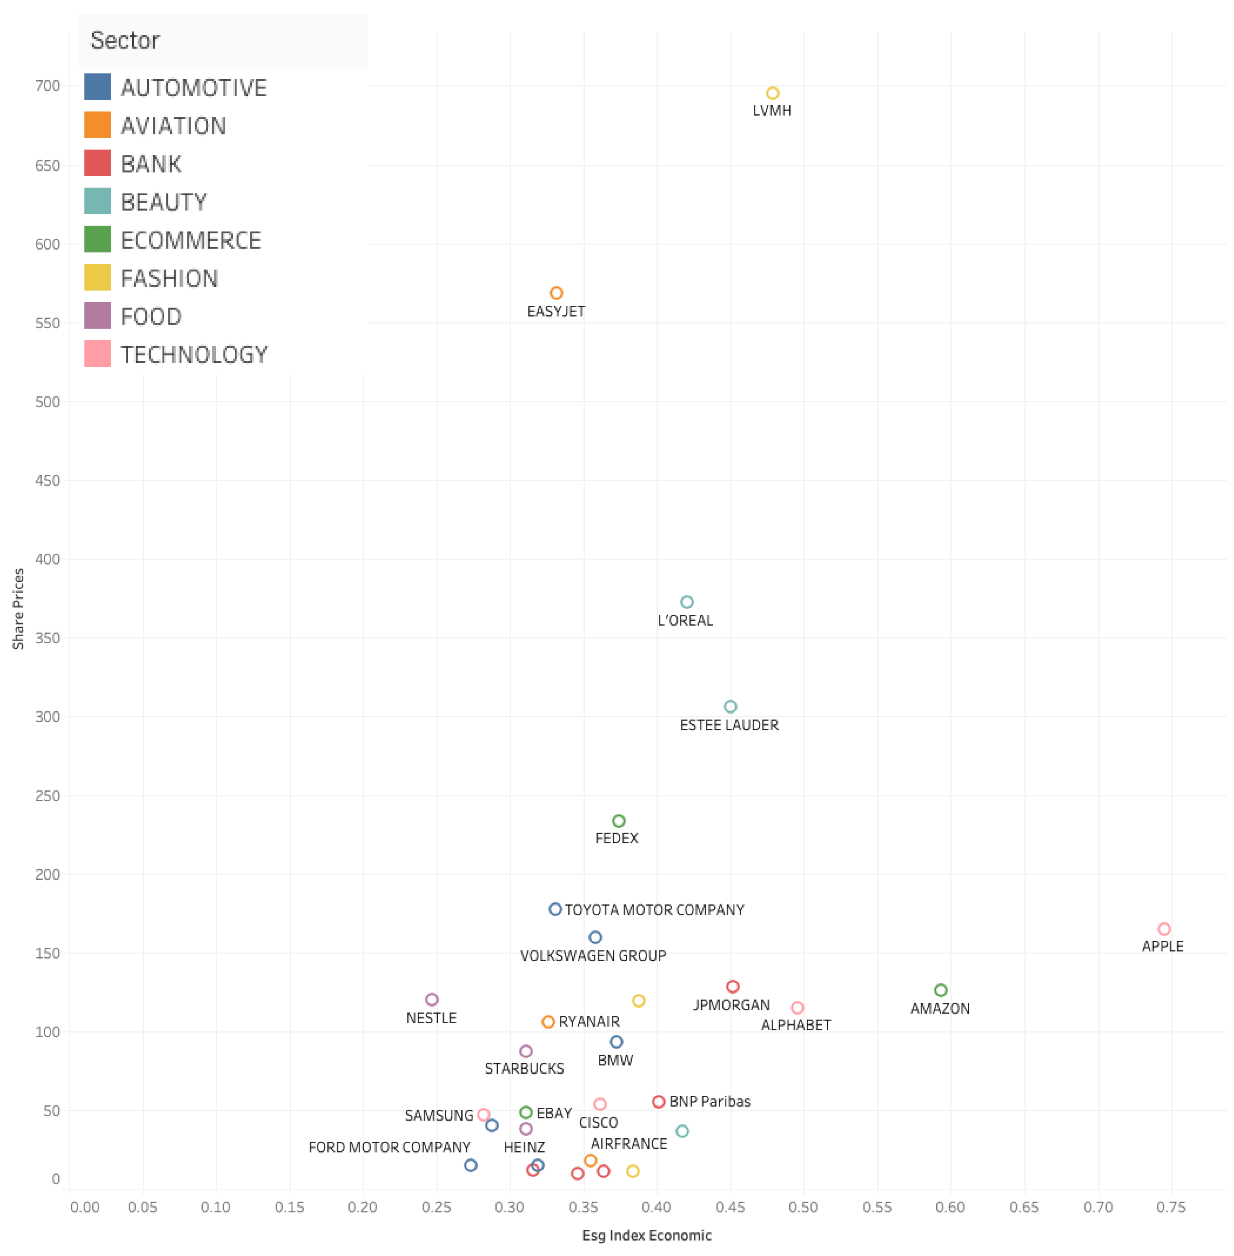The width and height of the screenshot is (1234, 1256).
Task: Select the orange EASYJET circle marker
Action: coord(556,293)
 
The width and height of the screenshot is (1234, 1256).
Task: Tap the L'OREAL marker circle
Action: coord(686,602)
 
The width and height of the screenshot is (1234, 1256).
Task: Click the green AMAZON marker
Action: coord(940,990)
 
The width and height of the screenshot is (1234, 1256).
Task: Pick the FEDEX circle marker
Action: coord(618,821)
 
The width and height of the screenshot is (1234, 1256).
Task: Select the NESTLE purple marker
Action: coord(432,999)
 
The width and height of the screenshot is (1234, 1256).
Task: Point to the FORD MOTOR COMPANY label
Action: coord(389,1147)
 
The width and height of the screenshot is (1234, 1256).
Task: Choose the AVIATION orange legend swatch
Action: coord(97,125)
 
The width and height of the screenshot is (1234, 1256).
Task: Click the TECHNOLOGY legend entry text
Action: coord(194,354)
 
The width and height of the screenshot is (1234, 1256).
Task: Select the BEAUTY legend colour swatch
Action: coord(97,201)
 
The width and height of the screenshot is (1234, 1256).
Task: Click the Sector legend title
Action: coord(125,40)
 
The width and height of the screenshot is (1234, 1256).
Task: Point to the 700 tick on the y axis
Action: coord(47,85)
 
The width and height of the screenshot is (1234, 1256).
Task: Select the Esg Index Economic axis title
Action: coord(646,1235)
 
